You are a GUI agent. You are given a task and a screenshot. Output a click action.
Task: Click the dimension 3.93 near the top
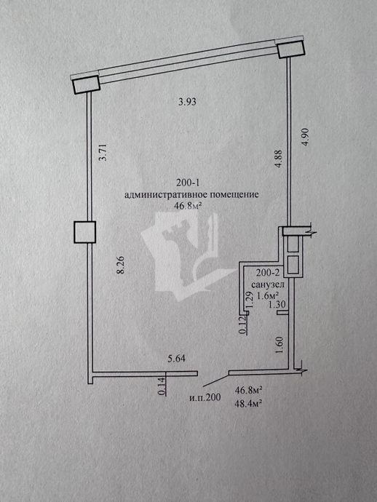[187, 102]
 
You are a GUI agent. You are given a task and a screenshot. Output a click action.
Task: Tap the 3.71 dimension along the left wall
[103, 152]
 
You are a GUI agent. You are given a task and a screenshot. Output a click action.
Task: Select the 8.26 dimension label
[120, 265]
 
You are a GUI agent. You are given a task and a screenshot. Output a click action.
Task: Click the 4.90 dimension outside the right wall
[305, 137]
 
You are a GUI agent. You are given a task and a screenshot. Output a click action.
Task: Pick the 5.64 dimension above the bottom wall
[177, 359]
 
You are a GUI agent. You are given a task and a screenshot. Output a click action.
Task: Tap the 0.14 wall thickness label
[162, 386]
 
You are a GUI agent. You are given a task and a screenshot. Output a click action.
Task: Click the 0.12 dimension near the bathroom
[243, 325]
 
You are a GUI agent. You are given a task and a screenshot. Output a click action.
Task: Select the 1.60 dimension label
[279, 345]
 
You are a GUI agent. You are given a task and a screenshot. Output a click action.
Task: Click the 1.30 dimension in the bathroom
[277, 304]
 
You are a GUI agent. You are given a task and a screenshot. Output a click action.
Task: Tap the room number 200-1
[188, 183]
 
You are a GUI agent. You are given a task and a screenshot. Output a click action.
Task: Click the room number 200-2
[268, 273]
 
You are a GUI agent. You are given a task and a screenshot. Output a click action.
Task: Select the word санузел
[268, 284]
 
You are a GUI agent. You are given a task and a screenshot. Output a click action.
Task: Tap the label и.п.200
[205, 398]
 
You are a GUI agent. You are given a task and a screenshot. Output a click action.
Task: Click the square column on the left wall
[85, 232]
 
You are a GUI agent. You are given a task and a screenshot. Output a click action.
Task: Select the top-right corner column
[290, 48]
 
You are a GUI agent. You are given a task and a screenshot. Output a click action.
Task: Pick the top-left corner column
[87, 84]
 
